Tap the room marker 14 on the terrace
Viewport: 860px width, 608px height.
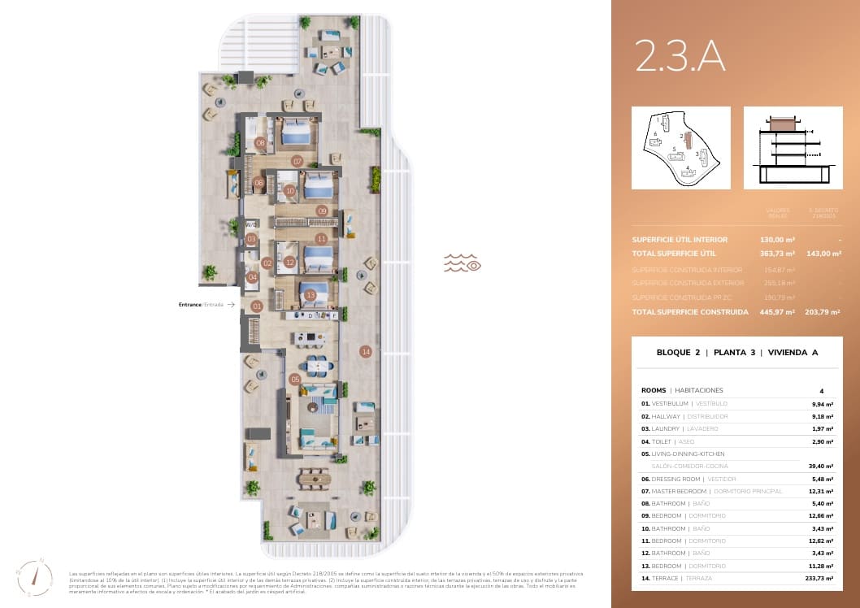367,351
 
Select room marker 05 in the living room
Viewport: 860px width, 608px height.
295,379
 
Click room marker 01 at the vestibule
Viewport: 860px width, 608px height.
257,306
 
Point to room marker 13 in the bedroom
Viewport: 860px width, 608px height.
310,295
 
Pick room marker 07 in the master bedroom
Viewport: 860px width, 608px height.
298,162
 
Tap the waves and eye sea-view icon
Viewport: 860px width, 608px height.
463,263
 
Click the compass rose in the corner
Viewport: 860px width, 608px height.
30,576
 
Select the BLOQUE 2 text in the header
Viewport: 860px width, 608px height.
678,353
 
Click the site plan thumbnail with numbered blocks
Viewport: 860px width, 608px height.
680,148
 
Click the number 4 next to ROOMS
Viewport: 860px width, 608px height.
821,390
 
